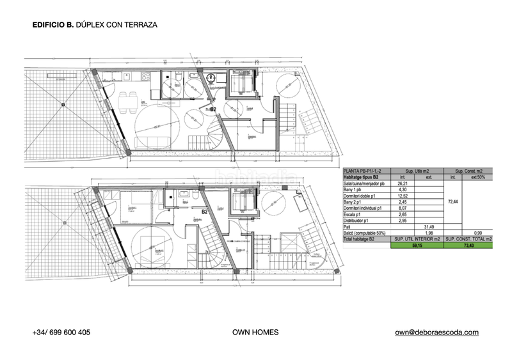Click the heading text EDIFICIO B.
coord(52,25)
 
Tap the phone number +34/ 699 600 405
coord(61,333)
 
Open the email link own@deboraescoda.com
coord(436,333)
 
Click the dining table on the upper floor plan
coord(127,99)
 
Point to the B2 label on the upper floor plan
coord(214,109)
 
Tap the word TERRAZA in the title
coord(138,25)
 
